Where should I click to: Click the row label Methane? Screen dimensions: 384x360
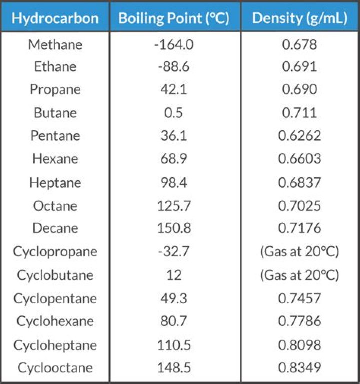55,44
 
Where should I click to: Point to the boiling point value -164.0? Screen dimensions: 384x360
174,44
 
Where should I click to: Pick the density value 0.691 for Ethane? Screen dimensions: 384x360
299,67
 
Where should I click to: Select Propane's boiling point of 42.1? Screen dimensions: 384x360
174,90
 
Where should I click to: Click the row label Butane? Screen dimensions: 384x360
55,113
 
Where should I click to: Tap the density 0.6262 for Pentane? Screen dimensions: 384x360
299,136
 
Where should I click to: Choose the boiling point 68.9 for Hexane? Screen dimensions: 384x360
174,159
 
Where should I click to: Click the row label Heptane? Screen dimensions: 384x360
55,182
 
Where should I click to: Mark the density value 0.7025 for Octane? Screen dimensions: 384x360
299,205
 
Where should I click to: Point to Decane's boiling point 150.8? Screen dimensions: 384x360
174,228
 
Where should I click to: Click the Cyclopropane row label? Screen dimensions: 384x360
55,251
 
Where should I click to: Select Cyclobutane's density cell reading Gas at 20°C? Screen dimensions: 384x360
299,275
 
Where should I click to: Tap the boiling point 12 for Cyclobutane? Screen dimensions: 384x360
174,275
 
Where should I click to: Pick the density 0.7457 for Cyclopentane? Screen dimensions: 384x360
299,298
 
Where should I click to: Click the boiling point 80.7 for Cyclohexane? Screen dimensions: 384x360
174,321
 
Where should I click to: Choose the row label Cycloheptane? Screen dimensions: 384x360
55,345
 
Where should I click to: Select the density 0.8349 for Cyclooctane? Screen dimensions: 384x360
299,368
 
